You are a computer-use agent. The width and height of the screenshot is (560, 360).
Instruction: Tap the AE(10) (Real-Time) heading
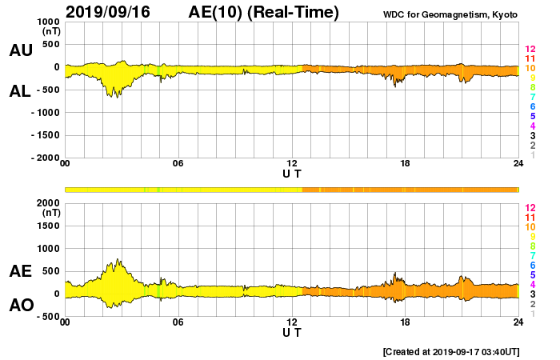tap(264, 12)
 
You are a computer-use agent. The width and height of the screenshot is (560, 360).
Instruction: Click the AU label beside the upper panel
tap(21, 50)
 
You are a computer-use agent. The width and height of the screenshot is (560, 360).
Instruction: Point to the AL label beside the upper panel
tap(21, 91)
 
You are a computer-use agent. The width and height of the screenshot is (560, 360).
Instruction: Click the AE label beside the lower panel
tap(21, 272)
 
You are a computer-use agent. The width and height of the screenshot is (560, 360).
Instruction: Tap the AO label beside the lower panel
tap(21, 306)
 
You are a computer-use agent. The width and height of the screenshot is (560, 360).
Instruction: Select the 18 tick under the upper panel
tap(405, 164)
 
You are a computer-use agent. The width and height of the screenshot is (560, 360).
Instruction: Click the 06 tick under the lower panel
tap(178, 322)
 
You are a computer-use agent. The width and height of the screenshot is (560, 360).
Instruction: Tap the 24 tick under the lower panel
tap(518, 322)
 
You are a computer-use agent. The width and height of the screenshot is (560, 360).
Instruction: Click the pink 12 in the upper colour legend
tap(530, 49)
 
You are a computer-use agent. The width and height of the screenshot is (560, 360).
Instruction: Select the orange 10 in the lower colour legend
tap(530, 227)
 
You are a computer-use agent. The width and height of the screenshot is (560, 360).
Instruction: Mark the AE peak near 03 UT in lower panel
tap(118, 259)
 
